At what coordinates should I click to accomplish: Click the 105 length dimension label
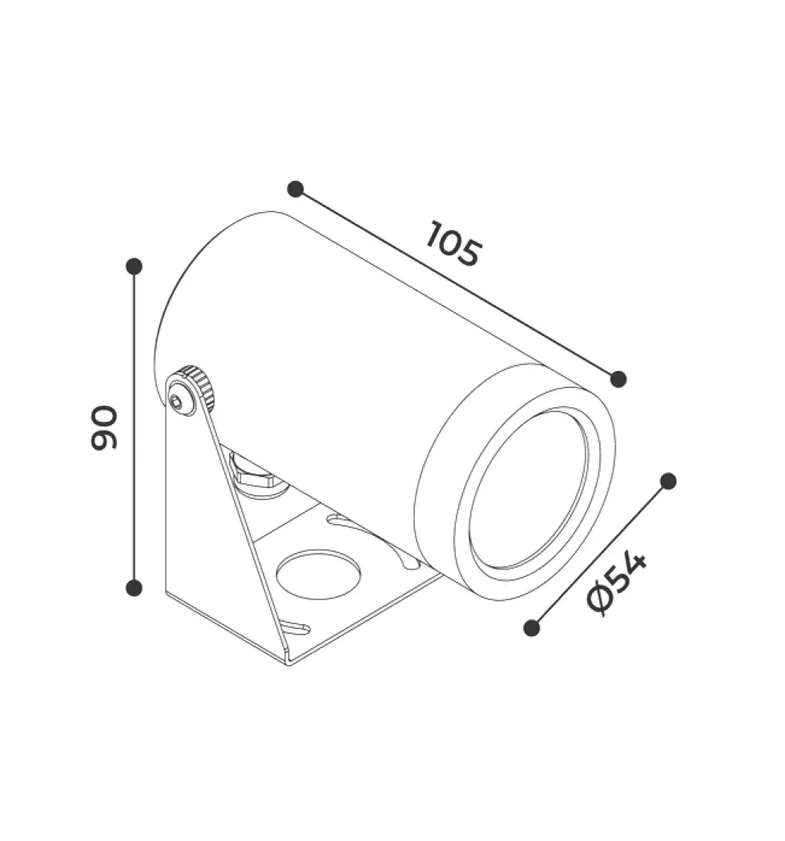[453, 243]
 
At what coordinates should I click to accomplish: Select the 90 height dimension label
[103, 427]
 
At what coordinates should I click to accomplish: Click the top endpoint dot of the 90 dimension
[134, 266]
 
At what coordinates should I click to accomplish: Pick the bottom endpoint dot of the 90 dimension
[134, 588]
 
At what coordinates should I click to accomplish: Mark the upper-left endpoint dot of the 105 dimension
[296, 189]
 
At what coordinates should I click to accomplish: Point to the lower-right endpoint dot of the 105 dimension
[618, 379]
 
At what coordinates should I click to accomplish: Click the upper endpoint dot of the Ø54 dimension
[668, 481]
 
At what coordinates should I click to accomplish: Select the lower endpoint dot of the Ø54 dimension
[532, 627]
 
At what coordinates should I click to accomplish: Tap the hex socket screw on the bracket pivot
[178, 402]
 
